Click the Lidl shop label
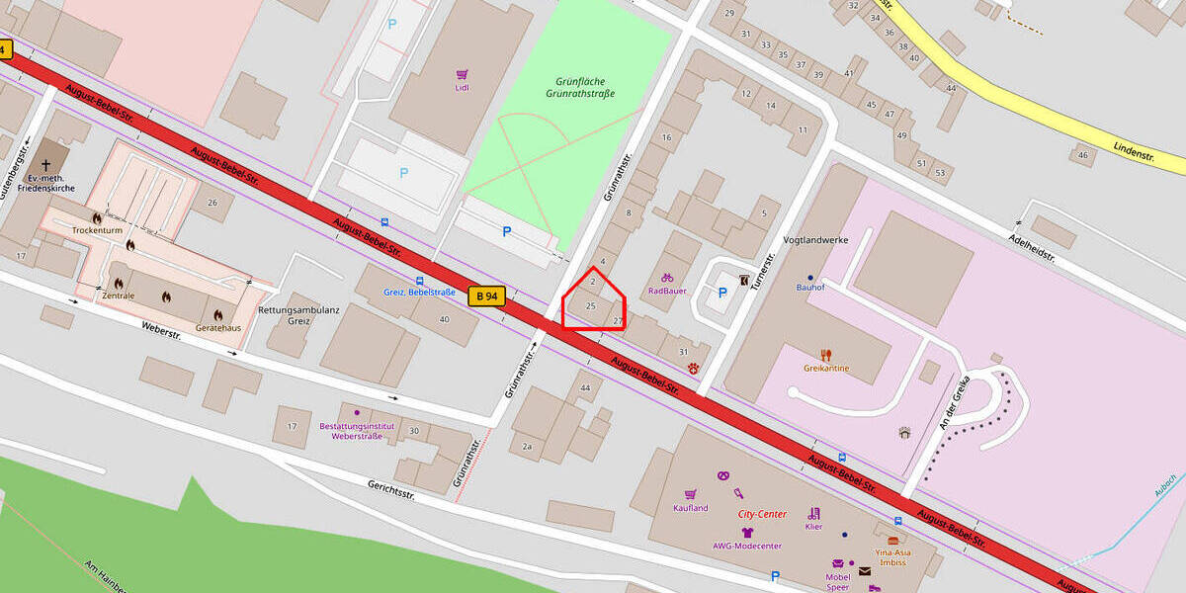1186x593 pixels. click(x=463, y=88)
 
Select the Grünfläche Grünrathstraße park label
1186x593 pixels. click(x=580, y=87)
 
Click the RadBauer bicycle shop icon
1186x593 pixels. click(x=667, y=278)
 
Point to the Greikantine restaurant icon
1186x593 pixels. click(x=826, y=355)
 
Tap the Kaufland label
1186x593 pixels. click(x=691, y=508)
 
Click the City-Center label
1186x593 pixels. click(x=762, y=514)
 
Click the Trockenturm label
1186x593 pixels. click(x=96, y=229)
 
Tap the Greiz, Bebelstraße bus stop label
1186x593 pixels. click(x=419, y=293)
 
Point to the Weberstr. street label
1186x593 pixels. click(x=161, y=329)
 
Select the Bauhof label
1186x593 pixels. click(x=810, y=288)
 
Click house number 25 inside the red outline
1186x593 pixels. click(x=591, y=306)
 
